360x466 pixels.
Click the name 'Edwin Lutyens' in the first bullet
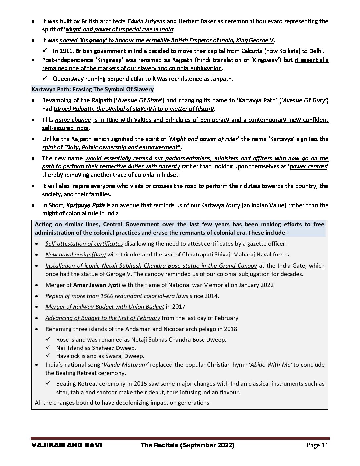click(x=146, y=21)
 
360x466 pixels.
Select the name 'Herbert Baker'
click(x=197, y=21)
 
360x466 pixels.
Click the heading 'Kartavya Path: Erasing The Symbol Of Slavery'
click(x=92, y=89)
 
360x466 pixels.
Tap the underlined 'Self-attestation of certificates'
click(x=84, y=244)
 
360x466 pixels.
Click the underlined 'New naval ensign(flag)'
click(x=75, y=255)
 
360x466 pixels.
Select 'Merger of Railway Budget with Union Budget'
click(x=105, y=307)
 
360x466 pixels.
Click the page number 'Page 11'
click(x=317, y=445)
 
